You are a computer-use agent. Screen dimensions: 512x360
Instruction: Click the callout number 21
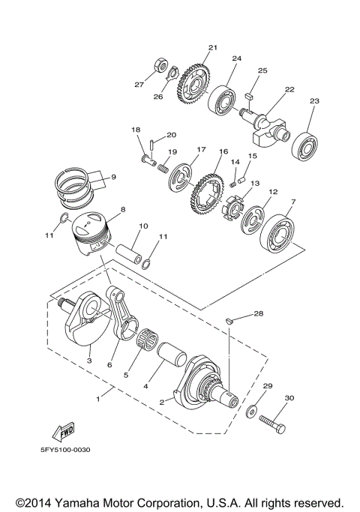point(212,48)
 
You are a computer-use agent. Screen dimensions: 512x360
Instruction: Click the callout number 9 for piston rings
point(113,177)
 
